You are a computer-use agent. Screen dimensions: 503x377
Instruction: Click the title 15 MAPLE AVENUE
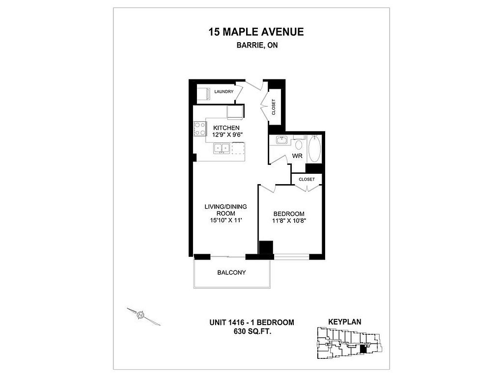click(x=256, y=32)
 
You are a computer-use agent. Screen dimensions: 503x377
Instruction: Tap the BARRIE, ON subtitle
click(x=257, y=45)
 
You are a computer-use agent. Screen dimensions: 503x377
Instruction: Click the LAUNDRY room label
click(x=224, y=92)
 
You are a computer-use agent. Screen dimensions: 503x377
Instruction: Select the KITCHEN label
click(x=226, y=128)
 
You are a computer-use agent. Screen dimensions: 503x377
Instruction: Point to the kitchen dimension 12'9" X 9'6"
click(x=226, y=135)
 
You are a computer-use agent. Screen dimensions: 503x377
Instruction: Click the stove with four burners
click(x=199, y=129)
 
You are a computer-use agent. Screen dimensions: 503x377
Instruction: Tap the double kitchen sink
click(x=222, y=148)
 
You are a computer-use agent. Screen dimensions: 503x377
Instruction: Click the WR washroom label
click(x=297, y=156)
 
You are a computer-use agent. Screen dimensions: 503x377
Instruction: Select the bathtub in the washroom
click(x=314, y=148)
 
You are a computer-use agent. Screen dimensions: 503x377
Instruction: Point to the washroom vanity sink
click(x=281, y=140)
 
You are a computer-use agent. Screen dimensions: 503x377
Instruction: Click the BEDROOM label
click(x=289, y=214)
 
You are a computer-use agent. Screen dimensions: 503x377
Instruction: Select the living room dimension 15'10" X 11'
click(x=225, y=220)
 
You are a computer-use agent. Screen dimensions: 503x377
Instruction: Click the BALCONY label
click(x=231, y=272)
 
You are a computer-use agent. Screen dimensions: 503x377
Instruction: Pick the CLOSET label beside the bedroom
click(x=307, y=179)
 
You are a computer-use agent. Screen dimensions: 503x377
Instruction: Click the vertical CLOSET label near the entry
click(x=274, y=107)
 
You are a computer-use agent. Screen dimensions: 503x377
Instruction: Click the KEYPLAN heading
click(x=344, y=322)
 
